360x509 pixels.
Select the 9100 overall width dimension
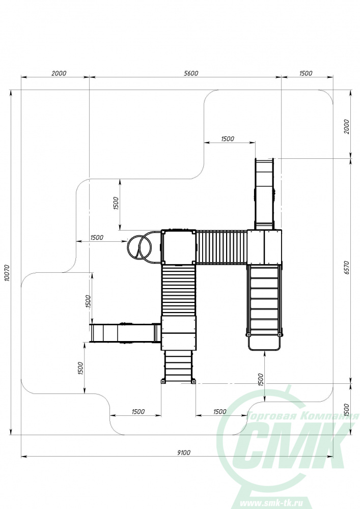click(x=184, y=453)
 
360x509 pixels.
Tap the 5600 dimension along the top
click(x=191, y=73)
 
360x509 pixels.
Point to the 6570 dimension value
click(x=346, y=268)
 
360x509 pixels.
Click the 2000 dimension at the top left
click(x=59, y=73)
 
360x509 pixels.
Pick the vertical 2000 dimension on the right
click(x=346, y=127)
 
